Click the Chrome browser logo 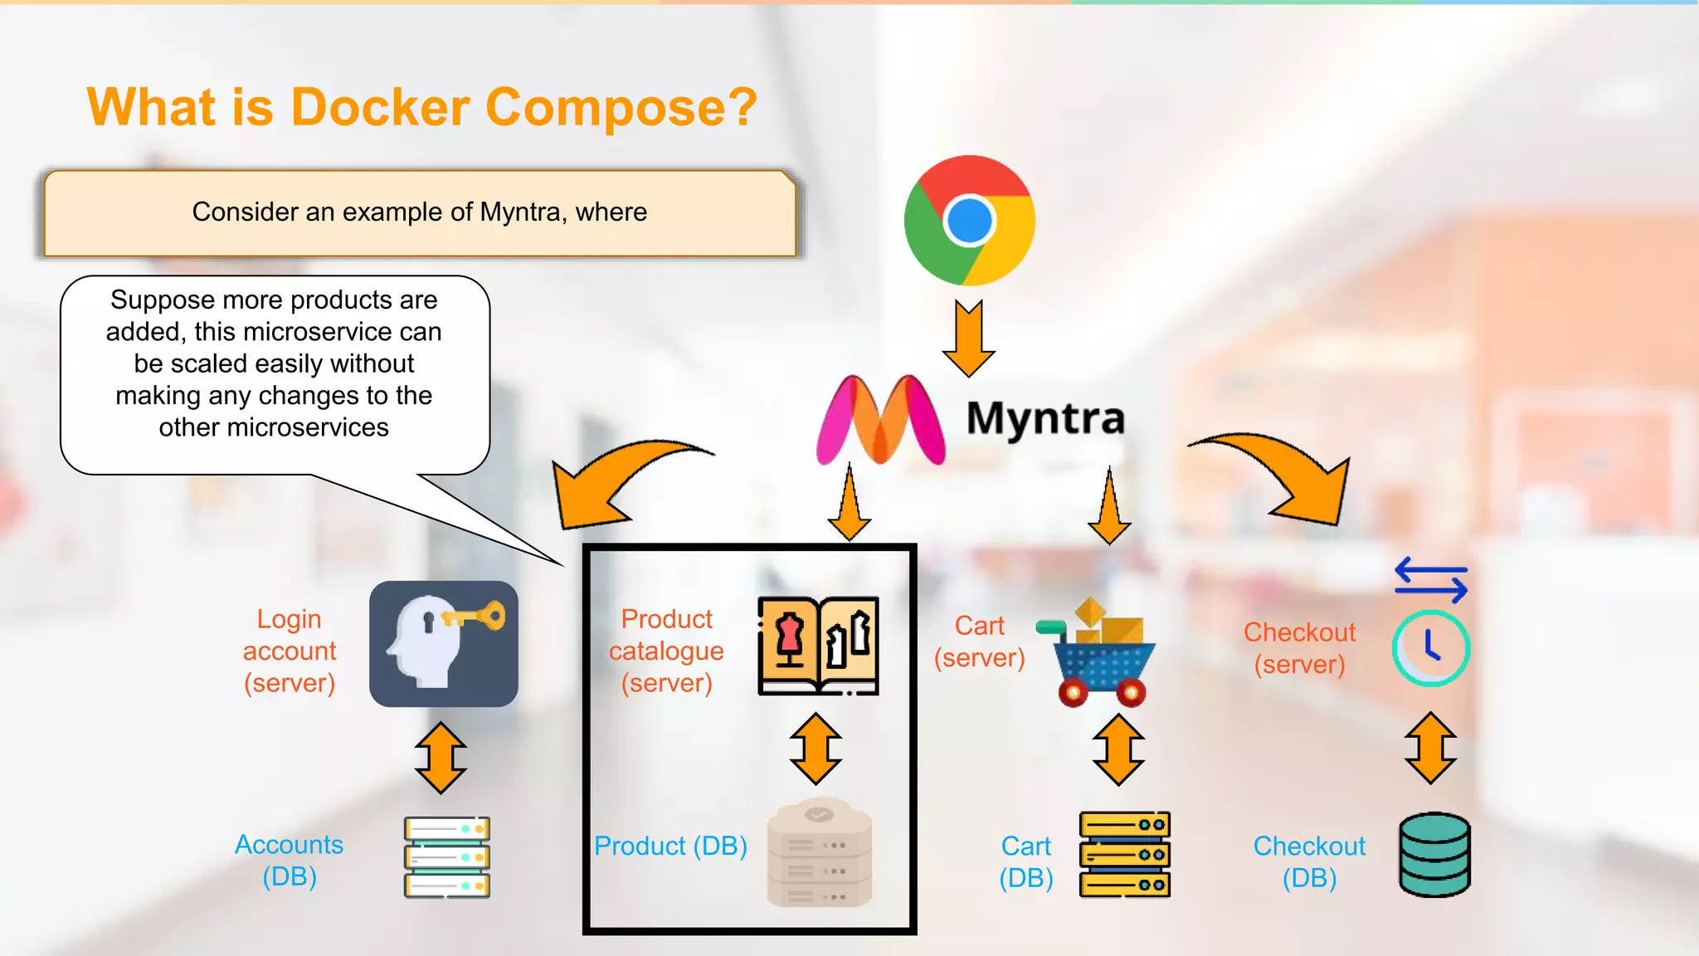pyautogui.click(x=969, y=221)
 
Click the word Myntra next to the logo pyautogui.click(x=1045, y=417)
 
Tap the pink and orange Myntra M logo pyautogui.click(x=880, y=420)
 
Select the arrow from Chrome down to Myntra pyautogui.click(x=969, y=339)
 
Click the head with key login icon pyautogui.click(x=444, y=644)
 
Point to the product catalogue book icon pyautogui.click(x=818, y=646)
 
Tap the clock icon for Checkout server pyautogui.click(x=1430, y=648)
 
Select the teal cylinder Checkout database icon pyautogui.click(x=1434, y=854)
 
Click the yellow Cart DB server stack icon pyautogui.click(x=1124, y=854)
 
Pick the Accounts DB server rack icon pyautogui.click(x=446, y=857)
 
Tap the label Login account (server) pyautogui.click(x=290, y=651)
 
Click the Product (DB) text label pyautogui.click(x=670, y=846)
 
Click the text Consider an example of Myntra pyautogui.click(x=419, y=212)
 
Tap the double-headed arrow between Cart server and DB pyautogui.click(x=1118, y=750)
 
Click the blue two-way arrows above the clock pyautogui.click(x=1431, y=580)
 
